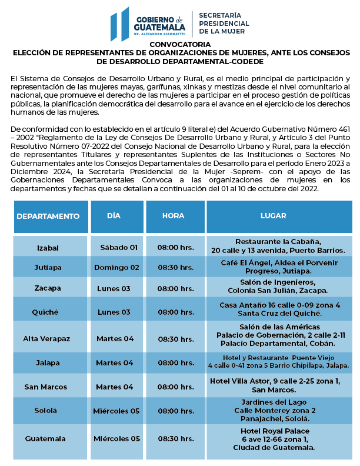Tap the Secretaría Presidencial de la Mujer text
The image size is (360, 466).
[x=224, y=23]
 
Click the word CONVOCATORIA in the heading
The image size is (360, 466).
[x=179, y=45]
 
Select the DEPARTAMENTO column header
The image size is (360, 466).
[x=48, y=216]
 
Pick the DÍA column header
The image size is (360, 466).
[x=114, y=216]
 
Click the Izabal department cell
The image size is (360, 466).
[x=48, y=247]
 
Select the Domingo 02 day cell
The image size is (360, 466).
[x=116, y=267]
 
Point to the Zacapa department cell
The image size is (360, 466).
[x=48, y=288]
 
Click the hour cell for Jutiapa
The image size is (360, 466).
[x=175, y=267]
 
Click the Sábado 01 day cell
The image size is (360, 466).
[x=118, y=247]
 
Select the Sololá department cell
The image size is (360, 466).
[x=48, y=411]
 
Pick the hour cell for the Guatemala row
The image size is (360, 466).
[x=175, y=438]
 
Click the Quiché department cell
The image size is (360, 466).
[x=48, y=312]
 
